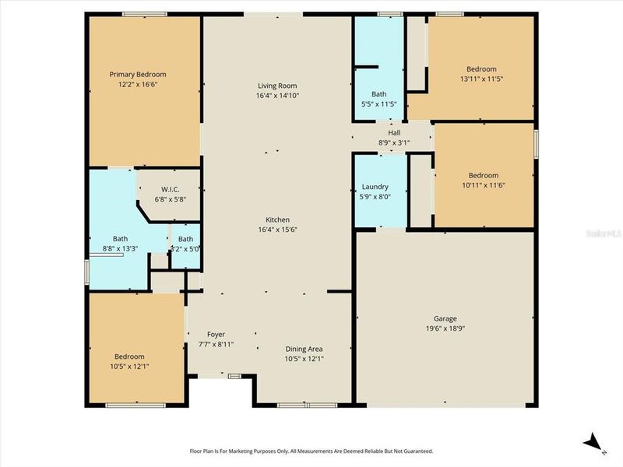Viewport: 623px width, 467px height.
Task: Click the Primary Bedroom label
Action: pyautogui.click(x=138, y=75)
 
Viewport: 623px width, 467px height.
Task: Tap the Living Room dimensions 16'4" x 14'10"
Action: pyautogui.click(x=277, y=96)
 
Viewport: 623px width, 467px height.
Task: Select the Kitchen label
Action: pyautogui.click(x=277, y=220)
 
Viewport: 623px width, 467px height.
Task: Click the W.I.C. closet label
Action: pyautogui.click(x=171, y=189)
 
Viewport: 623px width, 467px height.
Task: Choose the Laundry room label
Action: pyautogui.click(x=375, y=188)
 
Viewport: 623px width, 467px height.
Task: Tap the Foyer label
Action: pyautogui.click(x=216, y=335)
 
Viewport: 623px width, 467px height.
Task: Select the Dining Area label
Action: pyautogui.click(x=304, y=349)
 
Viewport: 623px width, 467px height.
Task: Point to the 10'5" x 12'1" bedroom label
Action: pyautogui.click(x=130, y=356)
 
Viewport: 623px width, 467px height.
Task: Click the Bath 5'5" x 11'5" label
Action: pyautogui.click(x=378, y=94)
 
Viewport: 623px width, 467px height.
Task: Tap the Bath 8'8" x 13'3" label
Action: pyautogui.click(x=120, y=239)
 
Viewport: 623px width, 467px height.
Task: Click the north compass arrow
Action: pyautogui.click(x=593, y=441)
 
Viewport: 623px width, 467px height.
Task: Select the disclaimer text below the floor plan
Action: pyautogui.click(x=311, y=451)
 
